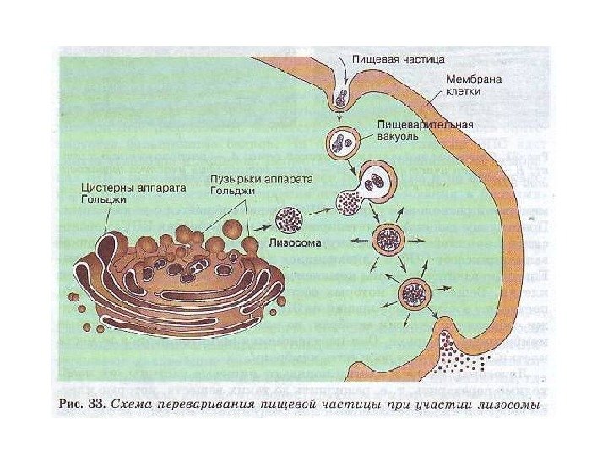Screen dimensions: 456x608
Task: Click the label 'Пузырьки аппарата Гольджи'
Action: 250,187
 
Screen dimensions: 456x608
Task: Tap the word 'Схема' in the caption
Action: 139,404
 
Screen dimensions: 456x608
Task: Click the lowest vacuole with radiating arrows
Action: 415,295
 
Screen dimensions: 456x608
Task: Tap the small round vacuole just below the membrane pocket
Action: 342,141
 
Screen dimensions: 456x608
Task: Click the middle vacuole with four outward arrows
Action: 390,239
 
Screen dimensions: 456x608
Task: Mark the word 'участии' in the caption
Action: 447,404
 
